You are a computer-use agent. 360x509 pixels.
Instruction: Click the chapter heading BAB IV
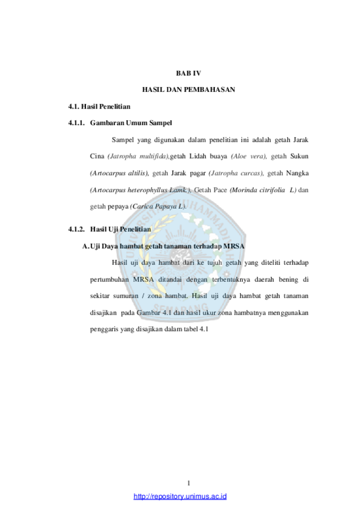click(188, 73)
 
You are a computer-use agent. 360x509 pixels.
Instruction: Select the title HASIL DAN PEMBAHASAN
click(189, 90)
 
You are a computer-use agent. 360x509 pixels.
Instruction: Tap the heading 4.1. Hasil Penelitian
click(99, 106)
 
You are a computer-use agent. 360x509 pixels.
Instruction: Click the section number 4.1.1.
click(76, 123)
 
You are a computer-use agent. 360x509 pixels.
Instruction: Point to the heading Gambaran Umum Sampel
click(131, 123)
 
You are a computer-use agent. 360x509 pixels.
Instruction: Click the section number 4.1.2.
click(76, 229)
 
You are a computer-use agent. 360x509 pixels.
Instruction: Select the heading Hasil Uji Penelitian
click(120, 229)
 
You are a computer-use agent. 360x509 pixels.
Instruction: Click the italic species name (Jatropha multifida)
click(138, 156)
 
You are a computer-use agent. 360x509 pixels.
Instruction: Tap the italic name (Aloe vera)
click(249, 156)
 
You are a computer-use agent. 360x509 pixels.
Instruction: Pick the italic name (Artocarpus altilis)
click(119, 173)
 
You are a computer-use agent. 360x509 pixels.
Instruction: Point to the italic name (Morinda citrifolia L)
click(263, 190)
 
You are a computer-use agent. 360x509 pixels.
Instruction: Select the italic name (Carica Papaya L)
click(158, 207)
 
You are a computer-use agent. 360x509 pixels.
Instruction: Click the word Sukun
click(299, 156)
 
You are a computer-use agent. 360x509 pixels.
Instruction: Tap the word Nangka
click(297, 173)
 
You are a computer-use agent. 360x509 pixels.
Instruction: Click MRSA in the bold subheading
click(234, 246)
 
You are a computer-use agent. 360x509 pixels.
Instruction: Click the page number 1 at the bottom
click(189, 483)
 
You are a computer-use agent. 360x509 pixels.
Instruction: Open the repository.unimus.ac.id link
click(180, 496)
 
